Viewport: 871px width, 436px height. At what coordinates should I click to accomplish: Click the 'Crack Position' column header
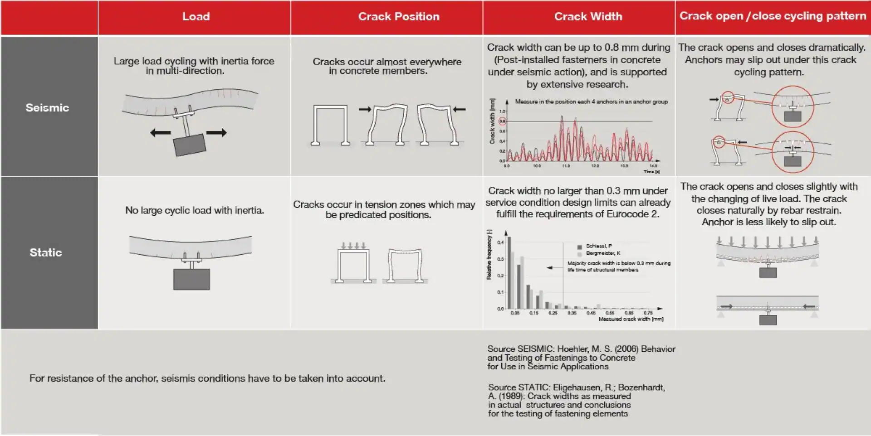[398, 17]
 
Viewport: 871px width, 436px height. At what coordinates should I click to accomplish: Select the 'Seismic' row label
[47, 107]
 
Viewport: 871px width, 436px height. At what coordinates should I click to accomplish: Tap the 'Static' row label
[45, 252]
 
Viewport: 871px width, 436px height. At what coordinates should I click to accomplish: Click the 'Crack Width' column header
[588, 17]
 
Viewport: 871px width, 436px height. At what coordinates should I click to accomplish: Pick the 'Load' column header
[196, 17]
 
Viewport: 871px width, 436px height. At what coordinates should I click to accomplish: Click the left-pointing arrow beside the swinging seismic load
[160, 133]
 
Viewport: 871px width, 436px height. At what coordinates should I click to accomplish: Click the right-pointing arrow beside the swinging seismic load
[216, 133]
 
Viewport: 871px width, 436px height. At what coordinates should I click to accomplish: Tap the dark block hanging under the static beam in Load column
[191, 279]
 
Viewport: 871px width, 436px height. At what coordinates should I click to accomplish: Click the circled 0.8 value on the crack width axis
[502, 121]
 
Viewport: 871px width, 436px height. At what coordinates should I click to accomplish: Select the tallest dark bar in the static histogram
[509, 272]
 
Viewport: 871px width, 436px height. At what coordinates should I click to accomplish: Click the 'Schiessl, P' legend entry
[598, 246]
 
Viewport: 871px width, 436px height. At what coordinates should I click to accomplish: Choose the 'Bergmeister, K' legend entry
[602, 253]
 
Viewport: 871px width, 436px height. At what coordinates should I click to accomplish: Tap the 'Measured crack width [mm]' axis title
[631, 319]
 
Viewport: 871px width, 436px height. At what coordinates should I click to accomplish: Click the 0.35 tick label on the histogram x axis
[572, 313]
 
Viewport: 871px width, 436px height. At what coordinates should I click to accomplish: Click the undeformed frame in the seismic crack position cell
[330, 125]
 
